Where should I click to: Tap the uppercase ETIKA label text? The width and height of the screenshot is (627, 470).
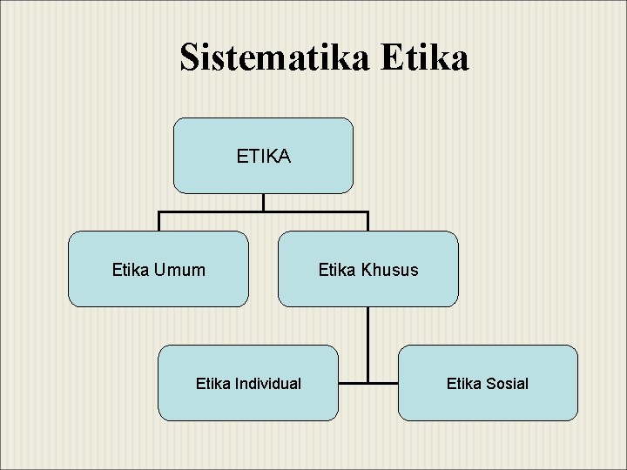click(x=263, y=157)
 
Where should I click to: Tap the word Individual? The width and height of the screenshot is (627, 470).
click(x=267, y=383)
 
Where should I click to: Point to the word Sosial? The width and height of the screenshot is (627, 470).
click(x=508, y=383)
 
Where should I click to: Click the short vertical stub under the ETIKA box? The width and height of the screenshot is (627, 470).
click(x=263, y=202)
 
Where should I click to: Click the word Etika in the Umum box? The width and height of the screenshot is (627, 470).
click(x=131, y=270)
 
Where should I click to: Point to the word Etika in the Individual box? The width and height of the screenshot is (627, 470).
click(x=213, y=383)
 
